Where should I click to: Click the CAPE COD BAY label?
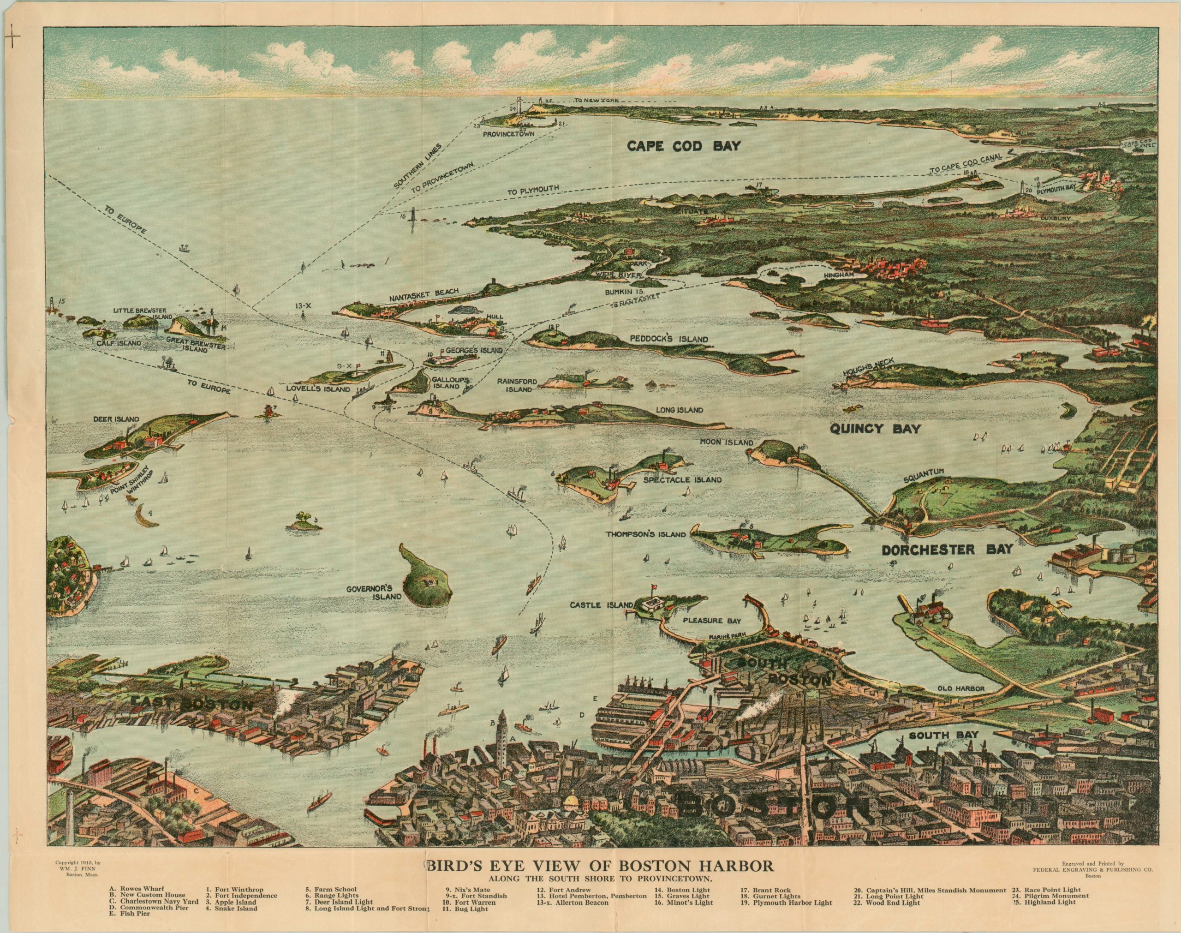pyautogui.click(x=683, y=146)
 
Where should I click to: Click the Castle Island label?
pyautogui.click(x=601, y=605)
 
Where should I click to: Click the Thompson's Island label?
pyautogui.click(x=645, y=535)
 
